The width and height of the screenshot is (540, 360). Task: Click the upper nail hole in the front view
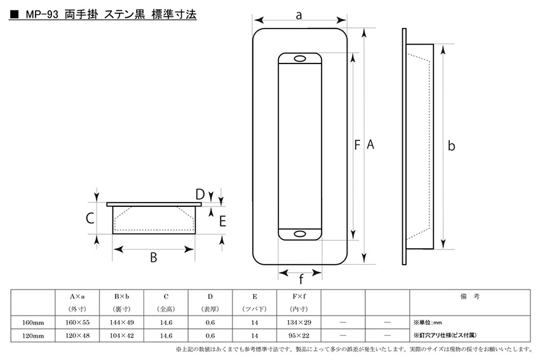(x=300, y=59)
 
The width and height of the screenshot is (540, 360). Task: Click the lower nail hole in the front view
(x=300, y=234)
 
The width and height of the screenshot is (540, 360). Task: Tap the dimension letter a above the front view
(x=299, y=15)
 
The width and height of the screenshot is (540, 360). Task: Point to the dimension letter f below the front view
(x=301, y=279)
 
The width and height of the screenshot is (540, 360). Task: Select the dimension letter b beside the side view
(x=451, y=145)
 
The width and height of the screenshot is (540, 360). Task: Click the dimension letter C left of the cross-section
(x=90, y=218)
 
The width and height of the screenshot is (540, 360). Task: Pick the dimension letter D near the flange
(x=200, y=194)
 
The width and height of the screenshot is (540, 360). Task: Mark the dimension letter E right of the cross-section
(x=222, y=222)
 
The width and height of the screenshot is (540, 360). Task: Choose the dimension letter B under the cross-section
(x=154, y=257)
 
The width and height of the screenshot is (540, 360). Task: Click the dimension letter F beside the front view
(x=357, y=145)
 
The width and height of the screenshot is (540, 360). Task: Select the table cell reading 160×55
(x=78, y=323)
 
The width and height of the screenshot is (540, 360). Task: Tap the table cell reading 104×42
(x=121, y=336)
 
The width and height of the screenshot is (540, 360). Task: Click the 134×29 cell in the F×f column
(x=299, y=323)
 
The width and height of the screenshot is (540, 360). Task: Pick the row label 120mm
(x=33, y=336)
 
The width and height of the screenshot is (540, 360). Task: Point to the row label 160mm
(x=33, y=323)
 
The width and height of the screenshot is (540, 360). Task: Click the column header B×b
(x=121, y=297)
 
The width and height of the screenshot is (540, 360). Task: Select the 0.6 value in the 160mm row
(x=210, y=323)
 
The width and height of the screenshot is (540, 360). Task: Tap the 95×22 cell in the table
(x=299, y=336)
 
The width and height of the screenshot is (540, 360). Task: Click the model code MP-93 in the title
(x=42, y=15)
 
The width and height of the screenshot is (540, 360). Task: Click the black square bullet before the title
(x=15, y=15)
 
